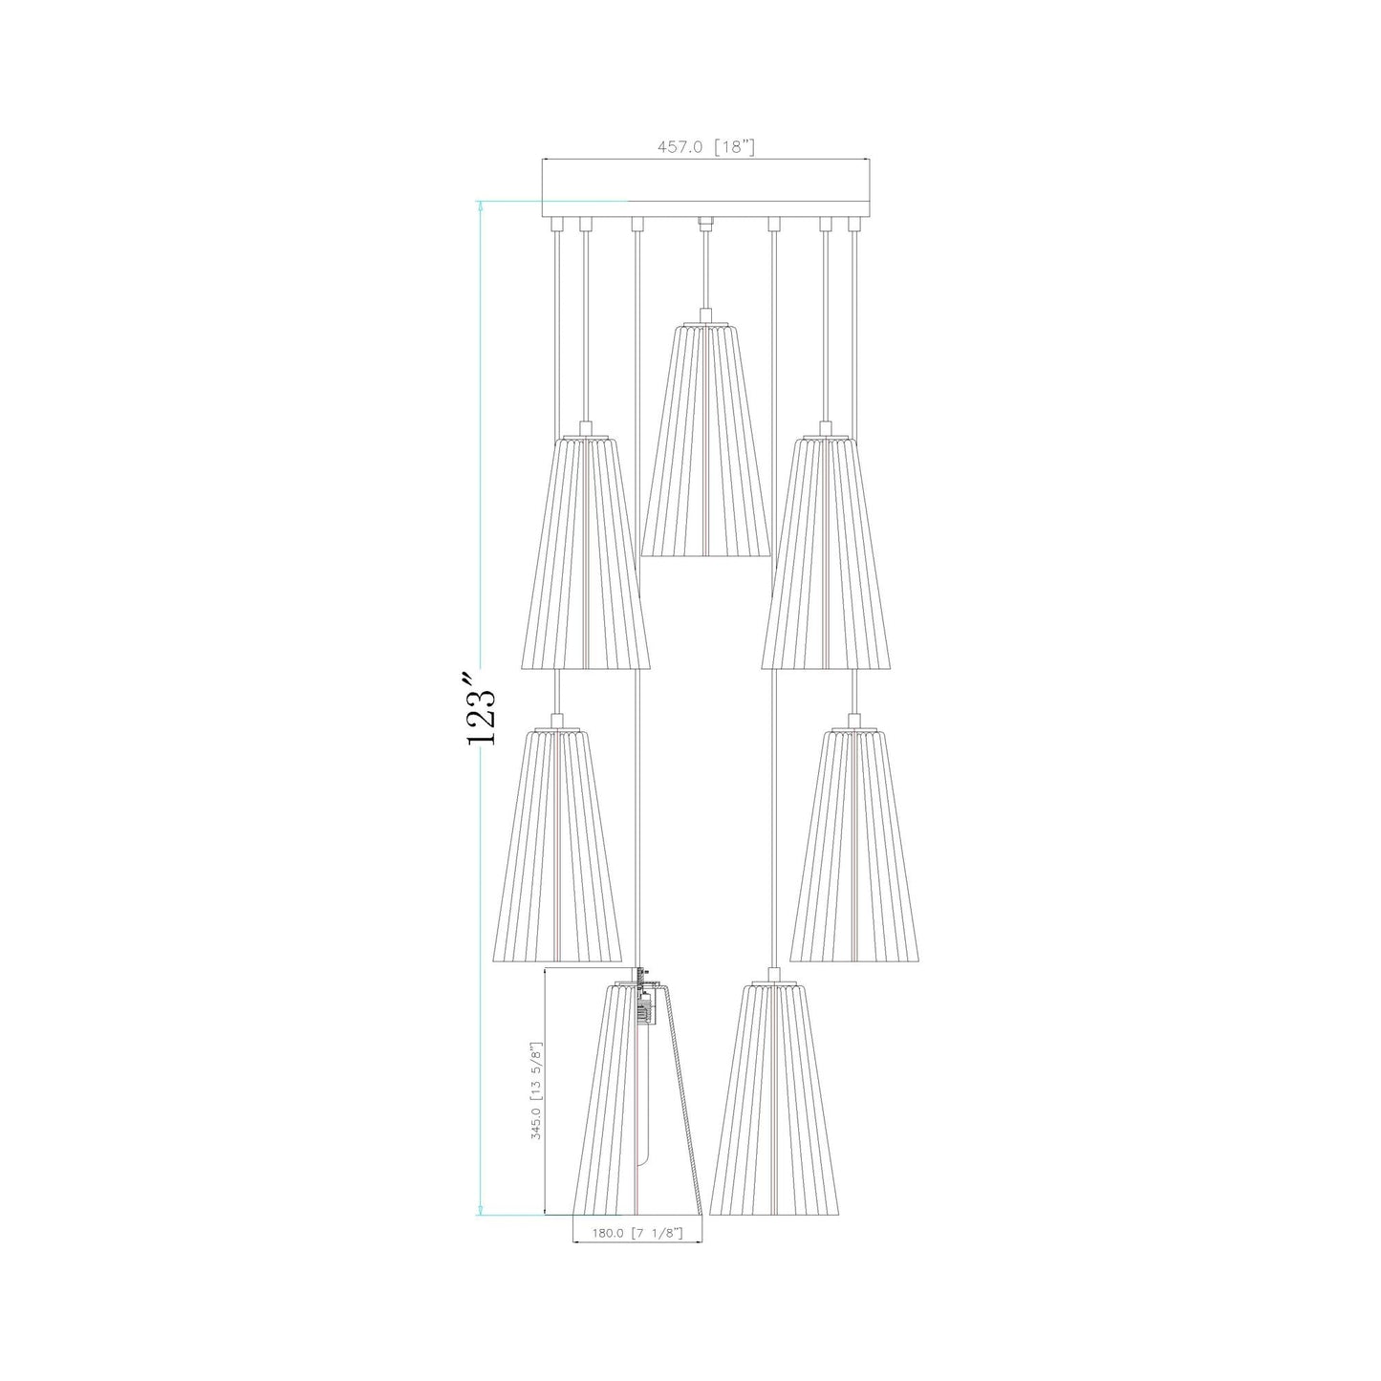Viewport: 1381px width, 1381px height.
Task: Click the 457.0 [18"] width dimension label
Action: (x=706, y=147)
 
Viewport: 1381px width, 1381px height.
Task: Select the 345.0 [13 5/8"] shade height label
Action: (x=539, y=1092)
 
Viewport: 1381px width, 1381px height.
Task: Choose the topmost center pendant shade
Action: (x=705, y=440)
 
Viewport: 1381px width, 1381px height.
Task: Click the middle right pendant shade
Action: (x=854, y=846)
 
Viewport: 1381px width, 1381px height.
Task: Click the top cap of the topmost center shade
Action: (x=705, y=316)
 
